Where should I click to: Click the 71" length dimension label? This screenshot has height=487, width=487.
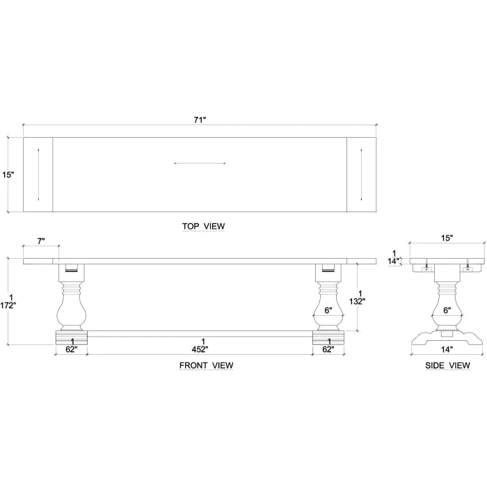click(200, 120)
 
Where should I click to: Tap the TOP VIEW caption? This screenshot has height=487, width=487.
click(203, 226)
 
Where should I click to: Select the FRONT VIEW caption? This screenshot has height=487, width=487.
click(206, 365)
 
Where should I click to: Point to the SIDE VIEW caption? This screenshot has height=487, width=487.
click(447, 365)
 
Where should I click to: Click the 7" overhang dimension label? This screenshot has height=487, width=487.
click(41, 241)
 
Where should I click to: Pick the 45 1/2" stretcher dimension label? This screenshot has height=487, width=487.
click(200, 346)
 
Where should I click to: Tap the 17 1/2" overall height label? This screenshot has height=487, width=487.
click(8, 301)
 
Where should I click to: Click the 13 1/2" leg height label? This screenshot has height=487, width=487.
click(357, 298)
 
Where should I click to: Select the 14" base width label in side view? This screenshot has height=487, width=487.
click(446, 349)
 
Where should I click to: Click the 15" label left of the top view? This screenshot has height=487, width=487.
click(8, 175)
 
